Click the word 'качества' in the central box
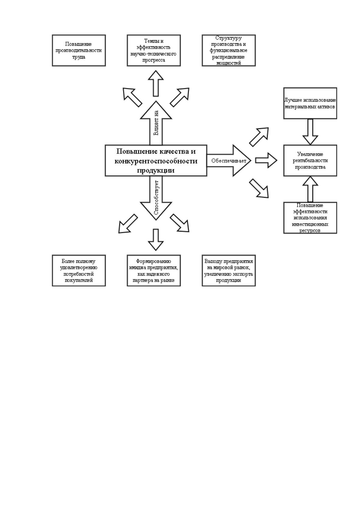173,151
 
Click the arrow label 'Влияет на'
156,123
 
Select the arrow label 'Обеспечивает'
229,161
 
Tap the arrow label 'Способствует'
156,197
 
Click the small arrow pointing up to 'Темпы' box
156,83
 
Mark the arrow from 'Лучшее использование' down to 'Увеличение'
310,132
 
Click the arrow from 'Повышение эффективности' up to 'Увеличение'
310,189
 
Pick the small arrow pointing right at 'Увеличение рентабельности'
266,160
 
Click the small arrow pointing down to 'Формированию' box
156,239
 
